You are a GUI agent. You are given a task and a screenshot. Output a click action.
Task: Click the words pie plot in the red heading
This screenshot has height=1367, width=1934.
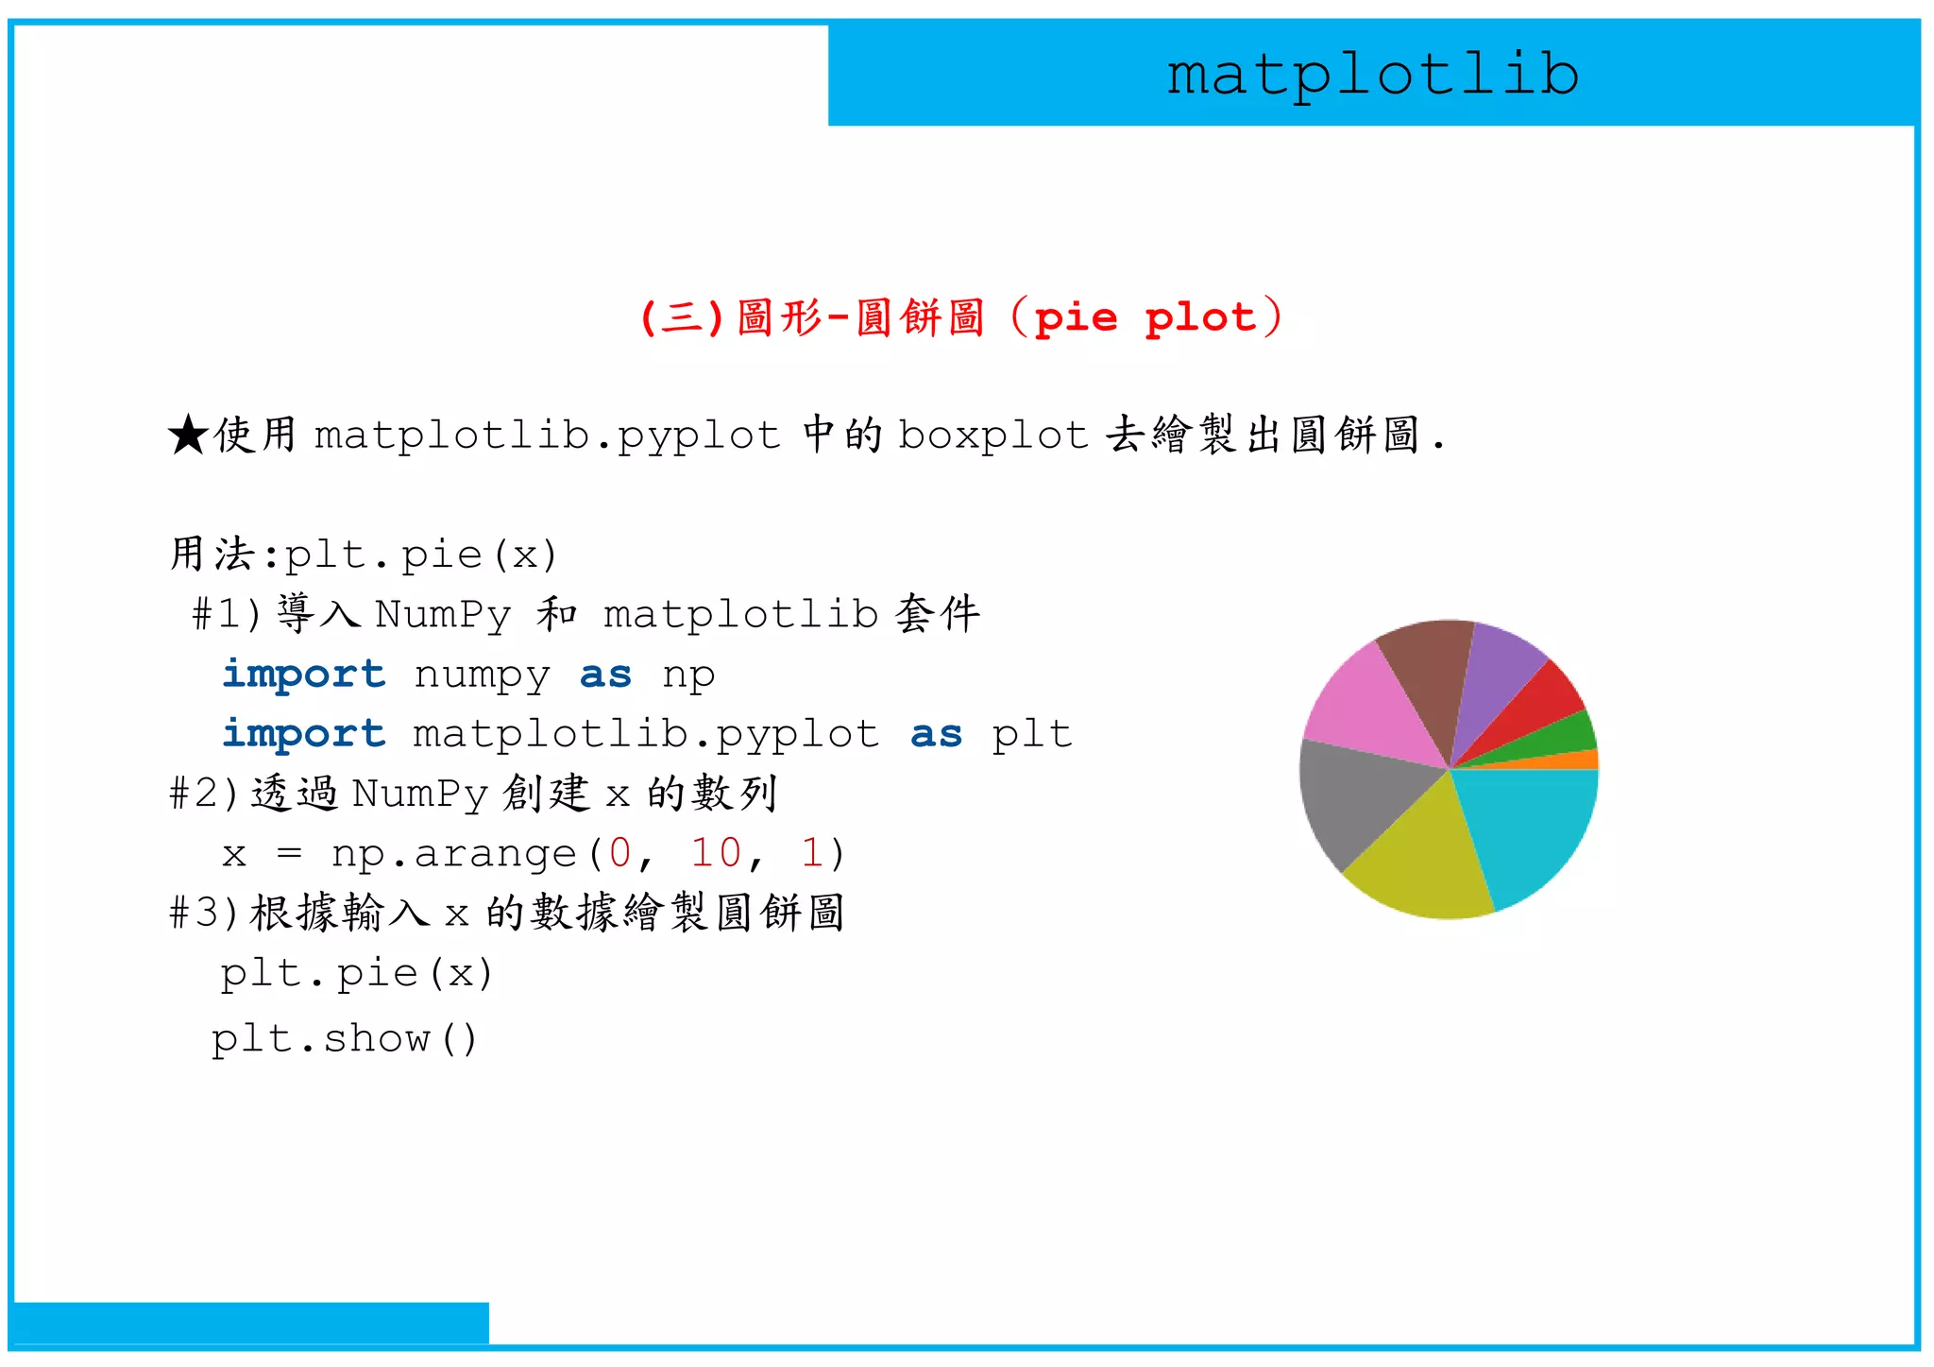pyautogui.click(x=1145, y=317)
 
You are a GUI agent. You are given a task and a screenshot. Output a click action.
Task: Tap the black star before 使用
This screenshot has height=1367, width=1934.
pyautogui.click(x=188, y=436)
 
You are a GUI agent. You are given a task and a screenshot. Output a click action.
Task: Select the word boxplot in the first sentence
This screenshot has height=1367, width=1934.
pyautogui.click(x=992, y=436)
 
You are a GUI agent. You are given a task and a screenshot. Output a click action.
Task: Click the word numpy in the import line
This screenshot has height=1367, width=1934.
pyautogui.click(x=482, y=675)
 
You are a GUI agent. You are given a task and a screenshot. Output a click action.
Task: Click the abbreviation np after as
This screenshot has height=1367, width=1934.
pyautogui.click(x=688, y=675)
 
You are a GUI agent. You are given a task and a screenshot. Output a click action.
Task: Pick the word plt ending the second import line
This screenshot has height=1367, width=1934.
pyautogui.click(x=1031, y=734)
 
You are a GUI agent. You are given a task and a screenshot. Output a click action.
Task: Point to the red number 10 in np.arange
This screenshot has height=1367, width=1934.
pyautogui.click(x=716, y=853)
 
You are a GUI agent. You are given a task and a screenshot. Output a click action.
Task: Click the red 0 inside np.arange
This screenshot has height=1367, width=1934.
pyautogui.click(x=619, y=853)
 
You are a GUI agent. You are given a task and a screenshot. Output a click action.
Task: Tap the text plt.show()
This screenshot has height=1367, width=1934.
pyautogui.click(x=345, y=1039)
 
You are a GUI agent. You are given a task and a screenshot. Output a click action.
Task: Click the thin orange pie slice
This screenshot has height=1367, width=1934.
pyautogui.click(x=1577, y=760)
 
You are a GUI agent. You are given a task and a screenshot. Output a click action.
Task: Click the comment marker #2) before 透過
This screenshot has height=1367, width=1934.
pyautogui.click(x=203, y=794)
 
